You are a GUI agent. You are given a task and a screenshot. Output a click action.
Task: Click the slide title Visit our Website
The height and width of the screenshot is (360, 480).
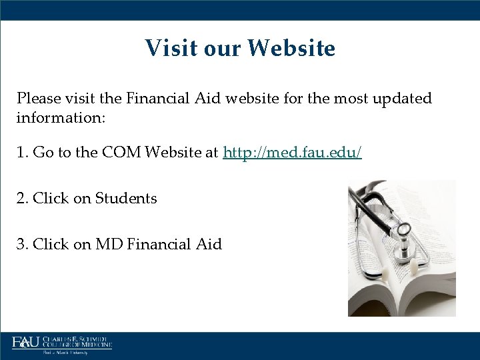(240, 48)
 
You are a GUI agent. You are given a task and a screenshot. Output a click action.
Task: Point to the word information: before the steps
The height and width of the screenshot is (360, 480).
(58, 118)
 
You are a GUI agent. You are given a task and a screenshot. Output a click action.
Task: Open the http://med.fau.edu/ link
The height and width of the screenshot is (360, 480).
(293, 153)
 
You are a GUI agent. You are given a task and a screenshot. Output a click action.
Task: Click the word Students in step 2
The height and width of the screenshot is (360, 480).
(126, 199)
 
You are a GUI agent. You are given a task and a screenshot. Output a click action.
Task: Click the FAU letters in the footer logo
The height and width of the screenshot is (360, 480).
(25, 343)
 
